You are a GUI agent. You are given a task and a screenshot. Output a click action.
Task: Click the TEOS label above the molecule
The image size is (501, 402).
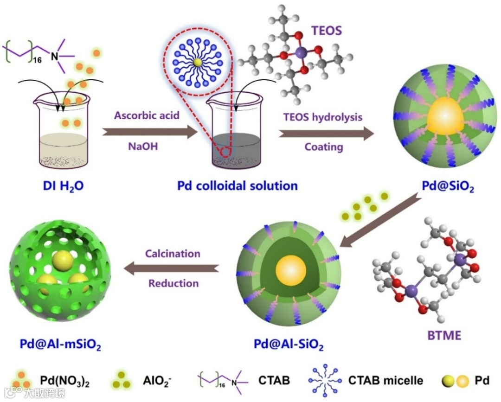[x=326, y=31]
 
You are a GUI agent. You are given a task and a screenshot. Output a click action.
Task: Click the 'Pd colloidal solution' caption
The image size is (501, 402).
[x=238, y=186]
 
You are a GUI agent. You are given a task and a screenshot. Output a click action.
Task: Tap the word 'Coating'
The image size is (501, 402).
[x=324, y=147]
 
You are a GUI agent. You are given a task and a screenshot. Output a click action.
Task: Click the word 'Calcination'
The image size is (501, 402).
[x=173, y=254]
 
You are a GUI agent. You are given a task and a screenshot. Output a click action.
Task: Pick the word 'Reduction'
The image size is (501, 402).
[x=173, y=283]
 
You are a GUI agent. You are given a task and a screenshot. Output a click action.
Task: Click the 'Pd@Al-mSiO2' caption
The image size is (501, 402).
[x=60, y=345]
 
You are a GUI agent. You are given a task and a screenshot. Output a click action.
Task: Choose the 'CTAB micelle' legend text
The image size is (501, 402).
[x=386, y=381]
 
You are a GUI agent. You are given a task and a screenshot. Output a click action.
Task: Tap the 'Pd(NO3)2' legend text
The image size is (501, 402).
[x=71, y=383]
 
